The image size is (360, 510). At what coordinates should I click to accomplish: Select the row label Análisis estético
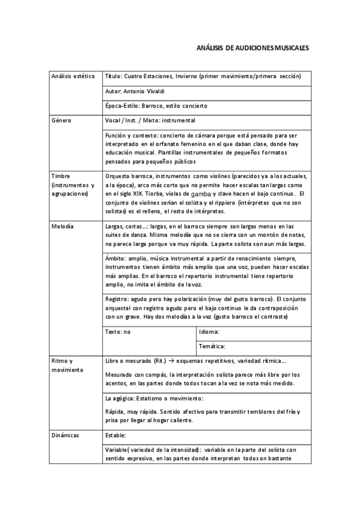[x=73, y=77]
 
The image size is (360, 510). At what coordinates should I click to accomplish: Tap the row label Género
[x=62, y=120]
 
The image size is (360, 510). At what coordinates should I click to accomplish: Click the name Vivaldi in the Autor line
[x=148, y=91]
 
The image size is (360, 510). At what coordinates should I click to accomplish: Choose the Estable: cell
[x=116, y=434]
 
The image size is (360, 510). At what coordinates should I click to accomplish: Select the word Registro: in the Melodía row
[x=119, y=298]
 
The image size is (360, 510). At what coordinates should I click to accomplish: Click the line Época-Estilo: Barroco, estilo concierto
[x=156, y=106]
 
